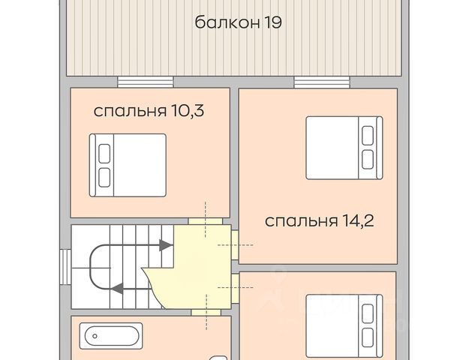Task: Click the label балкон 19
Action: point(238,22)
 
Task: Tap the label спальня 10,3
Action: point(149,111)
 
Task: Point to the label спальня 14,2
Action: point(320,221)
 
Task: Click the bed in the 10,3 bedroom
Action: point(128,165)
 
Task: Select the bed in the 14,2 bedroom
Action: point(344,148)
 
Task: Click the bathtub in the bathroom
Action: point(111,336)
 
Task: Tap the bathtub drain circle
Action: point(95,336)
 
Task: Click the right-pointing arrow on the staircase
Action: point(165,245)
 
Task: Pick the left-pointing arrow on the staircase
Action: point(117,289)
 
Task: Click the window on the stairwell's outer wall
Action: point(65,267)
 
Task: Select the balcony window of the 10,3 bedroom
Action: point(146,82)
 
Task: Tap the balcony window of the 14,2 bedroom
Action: point(322,82)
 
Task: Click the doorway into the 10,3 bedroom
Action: point(205,221)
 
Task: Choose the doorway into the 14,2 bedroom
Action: point(235,245)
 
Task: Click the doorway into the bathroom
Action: point(206,313)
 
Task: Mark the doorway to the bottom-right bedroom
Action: point(235,288)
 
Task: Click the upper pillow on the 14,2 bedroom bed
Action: point(368,136)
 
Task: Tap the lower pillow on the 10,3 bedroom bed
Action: point(104,178)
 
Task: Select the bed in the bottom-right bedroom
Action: point(344,326)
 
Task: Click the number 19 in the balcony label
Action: point(272,22)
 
